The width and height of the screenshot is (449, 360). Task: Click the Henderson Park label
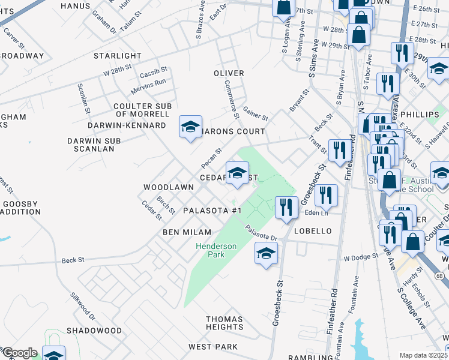pos(216,250)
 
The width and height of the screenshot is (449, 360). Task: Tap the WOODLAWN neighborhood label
pos(168,187)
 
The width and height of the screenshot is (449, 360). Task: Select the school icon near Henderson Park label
pos(266,253)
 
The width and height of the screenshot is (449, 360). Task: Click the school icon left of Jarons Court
pos(190,127)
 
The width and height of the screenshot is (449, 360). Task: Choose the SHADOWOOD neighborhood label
pos(94,331)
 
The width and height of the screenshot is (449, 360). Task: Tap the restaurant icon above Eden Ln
pos(326,194)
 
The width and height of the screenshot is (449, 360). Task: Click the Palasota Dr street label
pos(261,233)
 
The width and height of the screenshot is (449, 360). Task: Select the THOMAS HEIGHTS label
pos(224,323)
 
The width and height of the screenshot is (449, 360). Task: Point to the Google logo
pos(20,353)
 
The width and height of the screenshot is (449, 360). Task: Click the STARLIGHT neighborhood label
pos(118,56)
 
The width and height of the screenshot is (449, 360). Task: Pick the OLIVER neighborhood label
pos(229,73)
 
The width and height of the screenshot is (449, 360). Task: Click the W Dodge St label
pos(361,257)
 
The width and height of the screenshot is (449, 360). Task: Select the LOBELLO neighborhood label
pos(313,231)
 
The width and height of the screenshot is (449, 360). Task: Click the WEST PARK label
pos(213,347)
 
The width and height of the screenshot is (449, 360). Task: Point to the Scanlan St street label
pos(83,98)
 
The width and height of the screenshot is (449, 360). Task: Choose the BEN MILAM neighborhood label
pos(187,232)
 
